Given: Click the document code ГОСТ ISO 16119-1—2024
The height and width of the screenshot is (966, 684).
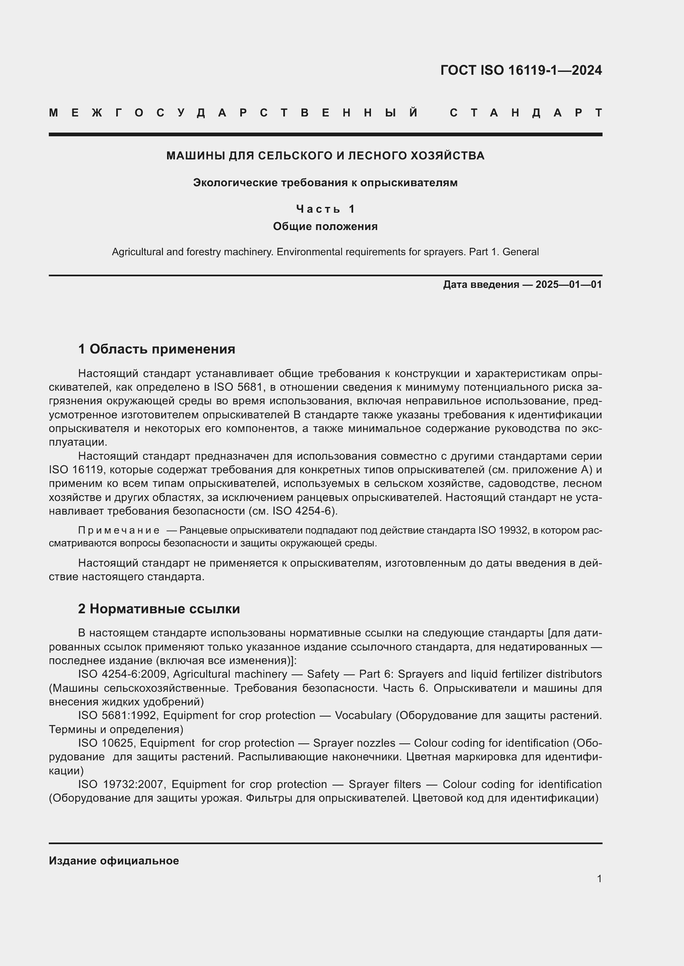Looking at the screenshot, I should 521,70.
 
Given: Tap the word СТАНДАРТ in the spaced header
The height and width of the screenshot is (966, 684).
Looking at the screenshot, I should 526,113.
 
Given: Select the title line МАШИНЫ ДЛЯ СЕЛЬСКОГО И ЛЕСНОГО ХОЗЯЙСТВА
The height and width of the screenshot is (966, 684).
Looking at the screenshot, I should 325,156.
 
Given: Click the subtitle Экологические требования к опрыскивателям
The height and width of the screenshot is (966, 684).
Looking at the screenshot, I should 325,183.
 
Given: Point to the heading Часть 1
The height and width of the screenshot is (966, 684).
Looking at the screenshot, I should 325,209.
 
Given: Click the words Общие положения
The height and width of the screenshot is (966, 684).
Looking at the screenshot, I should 325,226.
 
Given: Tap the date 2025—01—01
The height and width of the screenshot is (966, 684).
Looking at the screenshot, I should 569,285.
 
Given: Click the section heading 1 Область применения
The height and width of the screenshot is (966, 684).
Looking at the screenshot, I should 156,349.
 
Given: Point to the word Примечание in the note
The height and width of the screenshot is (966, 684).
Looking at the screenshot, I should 119,530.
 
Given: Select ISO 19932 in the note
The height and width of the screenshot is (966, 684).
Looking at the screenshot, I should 503,530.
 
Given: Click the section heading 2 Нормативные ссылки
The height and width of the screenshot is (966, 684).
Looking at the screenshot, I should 159,609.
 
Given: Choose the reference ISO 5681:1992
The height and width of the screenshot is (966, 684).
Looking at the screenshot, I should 118,716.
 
